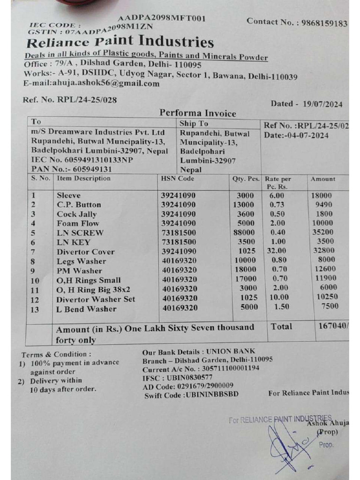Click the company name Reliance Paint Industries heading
(x=120, y=43)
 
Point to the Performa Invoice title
(x=198, y=113)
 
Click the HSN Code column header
(x=178, y=179)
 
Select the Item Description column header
(x=83, y=178)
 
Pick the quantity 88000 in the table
(x=244, y=232)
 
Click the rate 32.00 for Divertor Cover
(x=276, y=251)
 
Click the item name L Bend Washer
(x=87, y=309)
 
